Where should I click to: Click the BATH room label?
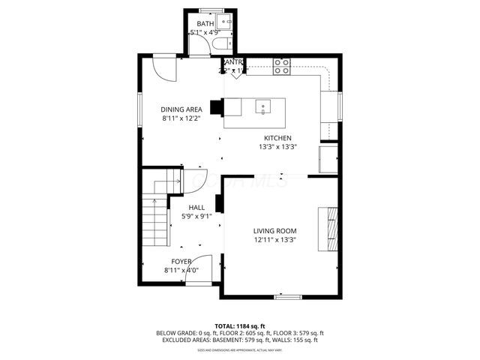(x=205, y=24)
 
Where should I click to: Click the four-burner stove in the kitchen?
(x=282, y=67)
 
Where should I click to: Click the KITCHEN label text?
(x=277, y=138)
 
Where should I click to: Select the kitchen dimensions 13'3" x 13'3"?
(x=277, y=147)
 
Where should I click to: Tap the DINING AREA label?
(x=181, y=109)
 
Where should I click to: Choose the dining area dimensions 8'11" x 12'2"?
(x=181, y=118)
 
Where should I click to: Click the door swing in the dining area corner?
(x=164, y=70)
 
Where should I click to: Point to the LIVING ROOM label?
(x=274, y=231)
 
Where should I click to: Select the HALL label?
(x=196, y=208)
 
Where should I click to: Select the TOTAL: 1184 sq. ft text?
(x=240, y=325)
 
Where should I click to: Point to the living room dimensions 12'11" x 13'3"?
(x=274, y=240)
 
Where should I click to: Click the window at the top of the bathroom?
(x=211, y=10)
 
